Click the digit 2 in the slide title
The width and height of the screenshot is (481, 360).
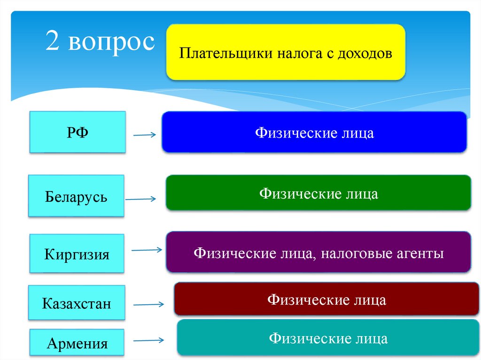(53, 42)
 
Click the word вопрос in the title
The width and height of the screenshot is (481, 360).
(111, 42)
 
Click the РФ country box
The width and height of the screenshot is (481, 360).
(78, 132)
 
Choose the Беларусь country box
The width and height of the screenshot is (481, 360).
(76, 196)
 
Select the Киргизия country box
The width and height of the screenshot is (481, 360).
(77, 254)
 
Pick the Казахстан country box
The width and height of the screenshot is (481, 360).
(77, 303)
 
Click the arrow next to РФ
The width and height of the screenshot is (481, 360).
(144, 136)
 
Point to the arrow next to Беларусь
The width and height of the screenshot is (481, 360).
(141, 199)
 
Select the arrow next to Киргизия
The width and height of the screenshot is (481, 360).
(147, 250)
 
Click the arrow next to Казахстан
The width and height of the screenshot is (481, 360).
(148, 304)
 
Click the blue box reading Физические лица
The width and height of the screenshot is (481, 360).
(314, 132)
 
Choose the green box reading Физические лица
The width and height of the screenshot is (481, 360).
(318, 192)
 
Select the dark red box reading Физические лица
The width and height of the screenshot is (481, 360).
(327, 299)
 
